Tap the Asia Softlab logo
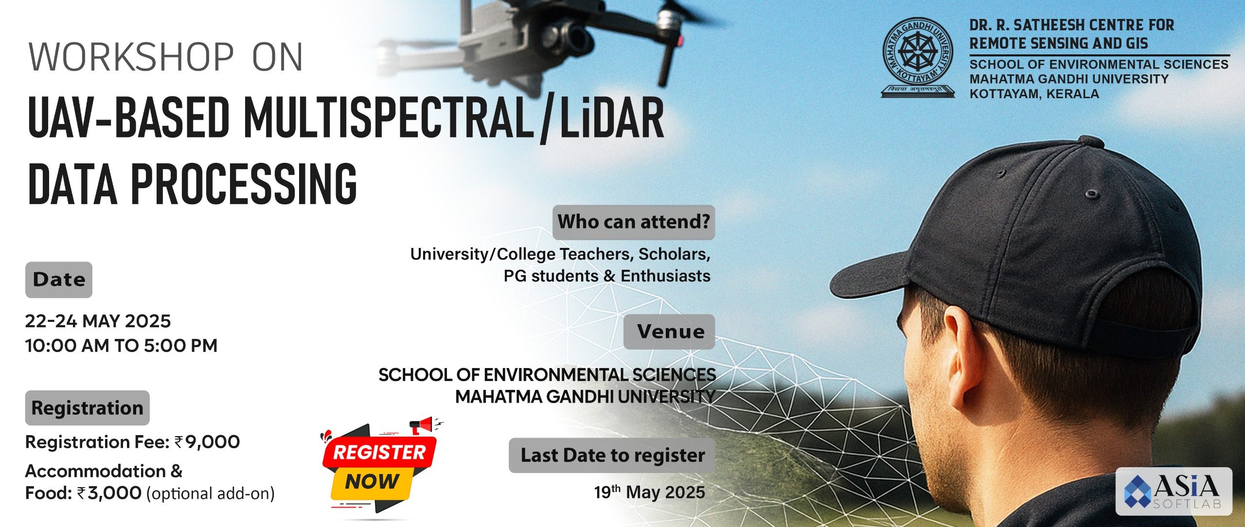pyautogui.click(x=1174, y=491)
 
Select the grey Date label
pyautogui.click(x=59, y=280)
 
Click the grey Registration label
pyautogui.click(x=88, y=408)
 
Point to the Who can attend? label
pyautogui.click(x=634, y=222)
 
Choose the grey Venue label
pyautogui.click(x=669, y=332)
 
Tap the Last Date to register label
pyautogui.click(x=612, y=456)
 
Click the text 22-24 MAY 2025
pyautogui.click(x=98, y=321)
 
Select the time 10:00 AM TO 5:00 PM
pyautogui.click(x=121, y=346)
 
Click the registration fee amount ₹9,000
pyautogui.click(x=207, y=442)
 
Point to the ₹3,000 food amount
pyautogui.click(x=109, y=493)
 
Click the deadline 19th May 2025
pyautogui.click(x=649, y=492)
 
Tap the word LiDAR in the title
pyautogui.click(x=612, y=118)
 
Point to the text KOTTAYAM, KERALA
pyautogui.click(x=1034, y=94)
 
